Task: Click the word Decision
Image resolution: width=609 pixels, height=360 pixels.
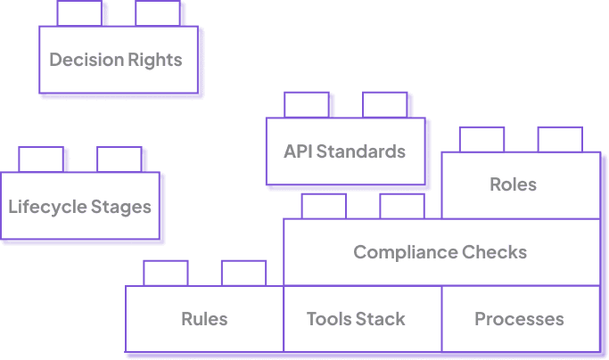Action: click(x=86, y=60)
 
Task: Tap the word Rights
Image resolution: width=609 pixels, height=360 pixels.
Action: click(x=155, y=61)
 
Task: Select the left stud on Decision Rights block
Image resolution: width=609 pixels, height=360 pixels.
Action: click(x=79, y=13)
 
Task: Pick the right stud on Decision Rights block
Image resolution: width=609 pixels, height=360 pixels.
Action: click(x=158, y=13)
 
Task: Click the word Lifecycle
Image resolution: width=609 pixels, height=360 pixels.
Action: click(x=48, y=207)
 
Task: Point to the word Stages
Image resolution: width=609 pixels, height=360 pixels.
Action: click(x=121, y=208)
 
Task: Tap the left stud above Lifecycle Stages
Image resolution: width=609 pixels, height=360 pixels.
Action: click(x=41, y=160)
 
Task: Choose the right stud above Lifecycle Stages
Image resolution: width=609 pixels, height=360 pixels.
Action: click(x=119, y=160)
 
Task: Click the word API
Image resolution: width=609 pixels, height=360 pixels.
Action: click(x=298, y=151)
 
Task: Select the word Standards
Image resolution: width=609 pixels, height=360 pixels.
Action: click(x=361, y=151)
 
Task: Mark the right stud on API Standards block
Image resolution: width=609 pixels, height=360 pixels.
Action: click(x=385, y=105)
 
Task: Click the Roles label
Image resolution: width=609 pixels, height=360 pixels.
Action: click(x=513, y=184)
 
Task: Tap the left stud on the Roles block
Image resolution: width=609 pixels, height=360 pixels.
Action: click(x=482, y=139)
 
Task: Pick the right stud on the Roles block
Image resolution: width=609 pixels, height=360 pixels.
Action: click(x=560, y=139)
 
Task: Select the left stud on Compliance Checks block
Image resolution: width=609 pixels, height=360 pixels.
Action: click(x=324, y=207)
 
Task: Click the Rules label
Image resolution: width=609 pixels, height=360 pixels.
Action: click(x=204, y=319)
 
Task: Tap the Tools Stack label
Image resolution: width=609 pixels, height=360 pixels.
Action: click(x=356, y=319)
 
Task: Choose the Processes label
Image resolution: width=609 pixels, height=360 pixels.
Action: click(x=519, y=319)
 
